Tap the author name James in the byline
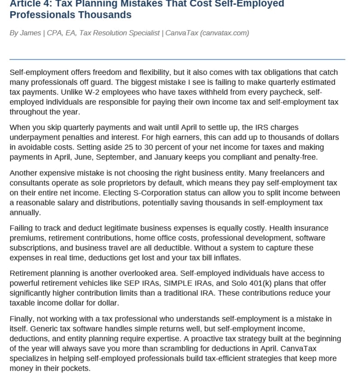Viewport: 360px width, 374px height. [x=31, y=33]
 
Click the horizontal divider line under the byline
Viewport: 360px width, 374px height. [x=177, y=59]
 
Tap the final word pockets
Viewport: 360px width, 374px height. [x=75, y=368]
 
